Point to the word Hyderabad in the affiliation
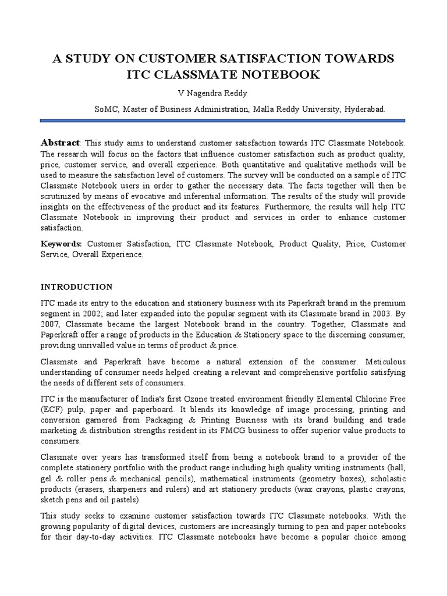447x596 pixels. pyautogui.click(x=364, y=109)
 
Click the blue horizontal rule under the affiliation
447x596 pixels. pyautogui.click(x=223, y=120)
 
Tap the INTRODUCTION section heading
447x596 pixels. pyautogui.click(x=76, y=287)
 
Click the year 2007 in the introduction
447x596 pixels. pyautogui.click(x=50, y=324)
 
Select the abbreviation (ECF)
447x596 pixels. pyautogui.click(x=51, y=409)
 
